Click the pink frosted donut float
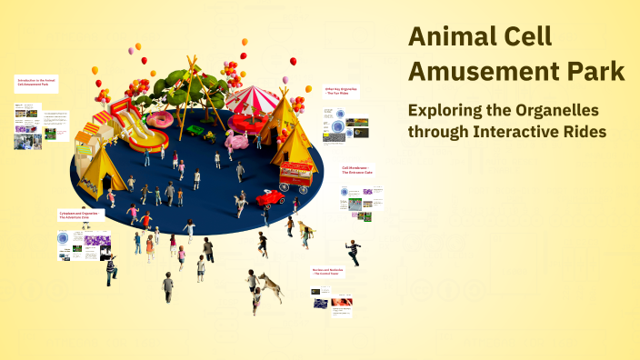pyautogui.click(x=161, y=119)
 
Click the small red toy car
pyautogui.click(x=270, y=197)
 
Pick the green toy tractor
pyautogui.click(x=208, y=136)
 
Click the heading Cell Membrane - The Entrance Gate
pyautogui.click(x=357, y=170)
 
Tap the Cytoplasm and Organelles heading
pyautogui.click(x=80, y=216)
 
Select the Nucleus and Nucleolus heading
pyautogui.click(x=330, y=273)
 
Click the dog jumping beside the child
pyautogui.click(x=270, y=285)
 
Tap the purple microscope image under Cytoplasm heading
pyautogui.click(x=96, y=242)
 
